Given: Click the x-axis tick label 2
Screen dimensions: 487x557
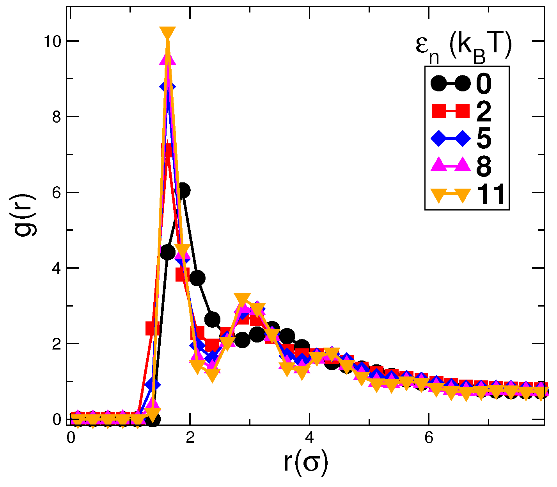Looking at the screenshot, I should point(190,438).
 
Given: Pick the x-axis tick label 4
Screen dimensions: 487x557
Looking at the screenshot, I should point(309,438).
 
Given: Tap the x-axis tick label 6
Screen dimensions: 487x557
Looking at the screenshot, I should point(429,438).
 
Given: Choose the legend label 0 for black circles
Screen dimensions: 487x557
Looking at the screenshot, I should point(484,84).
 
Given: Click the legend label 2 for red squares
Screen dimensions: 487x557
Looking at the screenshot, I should point(484,112).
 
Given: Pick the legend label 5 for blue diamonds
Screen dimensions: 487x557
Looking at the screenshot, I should point(484,139).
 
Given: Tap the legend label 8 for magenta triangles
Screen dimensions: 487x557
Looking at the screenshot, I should point(484,166).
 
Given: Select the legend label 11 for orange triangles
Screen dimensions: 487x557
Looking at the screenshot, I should point(491,194).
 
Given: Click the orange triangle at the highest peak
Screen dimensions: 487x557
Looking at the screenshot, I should point(168,34).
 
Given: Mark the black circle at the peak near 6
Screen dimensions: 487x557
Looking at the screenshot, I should point(182,191).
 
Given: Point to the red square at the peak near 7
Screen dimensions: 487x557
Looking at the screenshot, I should point(167,150).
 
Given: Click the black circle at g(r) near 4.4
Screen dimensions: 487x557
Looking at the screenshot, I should point(167,253).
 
